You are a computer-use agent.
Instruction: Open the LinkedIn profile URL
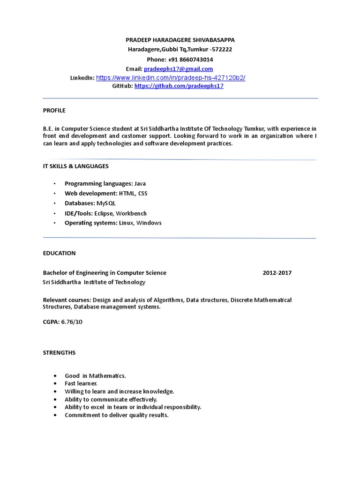171,78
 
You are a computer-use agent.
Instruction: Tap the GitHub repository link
179,87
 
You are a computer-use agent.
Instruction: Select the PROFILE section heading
54,111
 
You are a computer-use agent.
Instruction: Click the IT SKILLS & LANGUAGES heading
75,166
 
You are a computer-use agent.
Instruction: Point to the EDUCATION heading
59,253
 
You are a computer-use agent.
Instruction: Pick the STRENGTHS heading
59,352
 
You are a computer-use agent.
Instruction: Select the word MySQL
106,203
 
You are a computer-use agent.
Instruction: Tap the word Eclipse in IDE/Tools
104,213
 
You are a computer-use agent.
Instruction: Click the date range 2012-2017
277,273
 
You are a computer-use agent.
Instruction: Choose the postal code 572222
221,50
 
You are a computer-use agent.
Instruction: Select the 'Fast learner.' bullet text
81,383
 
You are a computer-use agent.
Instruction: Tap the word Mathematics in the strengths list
109,376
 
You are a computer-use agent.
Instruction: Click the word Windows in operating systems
149,223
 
